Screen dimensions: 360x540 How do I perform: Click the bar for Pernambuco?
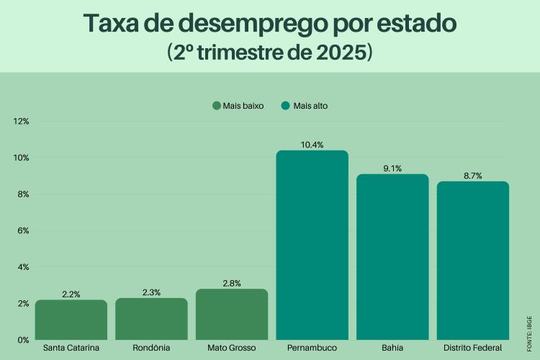point(312,245)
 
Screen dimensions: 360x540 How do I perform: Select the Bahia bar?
point(392,256)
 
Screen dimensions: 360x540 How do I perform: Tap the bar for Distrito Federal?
point(472,260)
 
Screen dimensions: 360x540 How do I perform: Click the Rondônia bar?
point(151,318)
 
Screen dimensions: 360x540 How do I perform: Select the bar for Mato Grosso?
point(232,314)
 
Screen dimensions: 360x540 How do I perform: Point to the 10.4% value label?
point(312,145)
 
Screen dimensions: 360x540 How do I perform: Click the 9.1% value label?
point(392,168)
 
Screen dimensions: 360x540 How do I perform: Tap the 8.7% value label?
point(472,176)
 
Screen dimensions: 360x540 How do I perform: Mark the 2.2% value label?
point(71,294)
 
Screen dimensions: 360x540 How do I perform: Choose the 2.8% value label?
point(232,284)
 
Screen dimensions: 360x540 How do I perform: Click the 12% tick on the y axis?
point(21,121)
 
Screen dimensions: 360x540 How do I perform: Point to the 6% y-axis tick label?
point(22,230)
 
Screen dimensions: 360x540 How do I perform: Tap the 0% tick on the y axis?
point(22,339)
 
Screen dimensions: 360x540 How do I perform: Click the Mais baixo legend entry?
point(238,106)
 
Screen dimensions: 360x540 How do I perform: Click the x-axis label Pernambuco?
point(312,348)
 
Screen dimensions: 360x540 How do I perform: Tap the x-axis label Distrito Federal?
point(472,348)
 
